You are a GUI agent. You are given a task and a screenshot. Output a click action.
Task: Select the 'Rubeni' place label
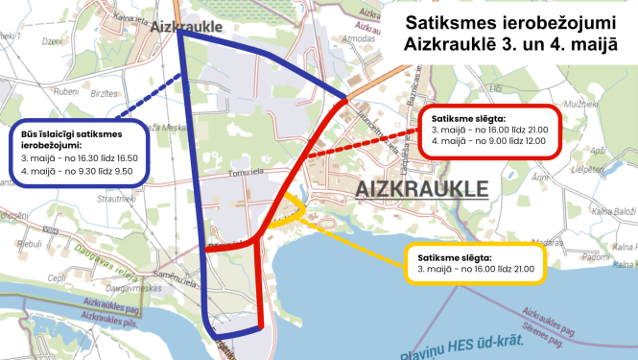[x=40, y=91]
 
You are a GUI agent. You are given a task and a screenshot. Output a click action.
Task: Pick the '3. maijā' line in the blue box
[x=72, y=159]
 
